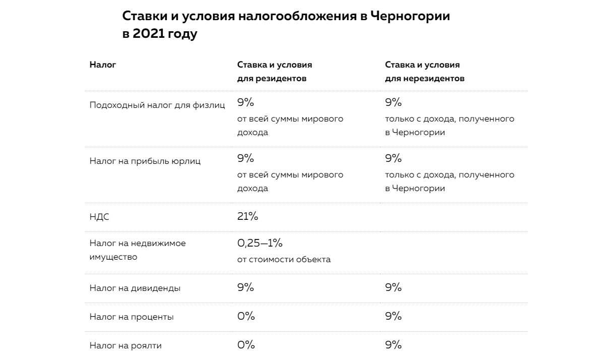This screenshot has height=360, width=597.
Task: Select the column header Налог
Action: pyautogui.click(x=103, y=65)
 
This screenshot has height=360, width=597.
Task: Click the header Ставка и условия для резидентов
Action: pyautogui.click(x=275, y=72)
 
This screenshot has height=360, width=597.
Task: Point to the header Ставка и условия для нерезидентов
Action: pyautogui.click(x=425, y=72)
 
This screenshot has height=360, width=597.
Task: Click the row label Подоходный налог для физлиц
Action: pyautogui.click(x=157, y=105)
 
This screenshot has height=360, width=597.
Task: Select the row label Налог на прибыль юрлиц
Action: pyautogui.click(x=145, y=161)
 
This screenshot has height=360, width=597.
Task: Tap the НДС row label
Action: pyautogui.click(x=99, y=217)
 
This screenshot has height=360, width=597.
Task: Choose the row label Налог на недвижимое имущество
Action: pyautogui.click(x=138, y=250)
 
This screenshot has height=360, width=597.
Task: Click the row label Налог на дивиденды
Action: pyautogui.click(x=135, y=288)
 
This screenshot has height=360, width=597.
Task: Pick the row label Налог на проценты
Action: pyautogui.click(x=131, y=317)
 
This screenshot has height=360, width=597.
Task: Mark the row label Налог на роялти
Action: pyautogui.click(x=125, y=346)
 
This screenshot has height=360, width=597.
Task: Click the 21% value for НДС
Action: pyautogui.click(x=247, y=216)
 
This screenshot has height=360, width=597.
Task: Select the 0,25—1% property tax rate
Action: pyautogui.click(x=260, y=243)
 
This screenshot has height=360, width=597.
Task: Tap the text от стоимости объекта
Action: pyautogui.click(x=284, y=260)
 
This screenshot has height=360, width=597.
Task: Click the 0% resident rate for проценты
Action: pyautogui.click(x=246, y=316)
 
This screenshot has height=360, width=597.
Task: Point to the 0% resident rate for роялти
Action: pyautogui.click(x=246, y=345)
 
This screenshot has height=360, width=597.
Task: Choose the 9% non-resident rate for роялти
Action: pyautogui.click(x=393, y=345)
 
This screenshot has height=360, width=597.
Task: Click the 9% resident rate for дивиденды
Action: pyautogui.click(x=245, y=287)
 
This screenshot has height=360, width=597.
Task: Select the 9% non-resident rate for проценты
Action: pyautogui.click(x=393, y=316)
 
